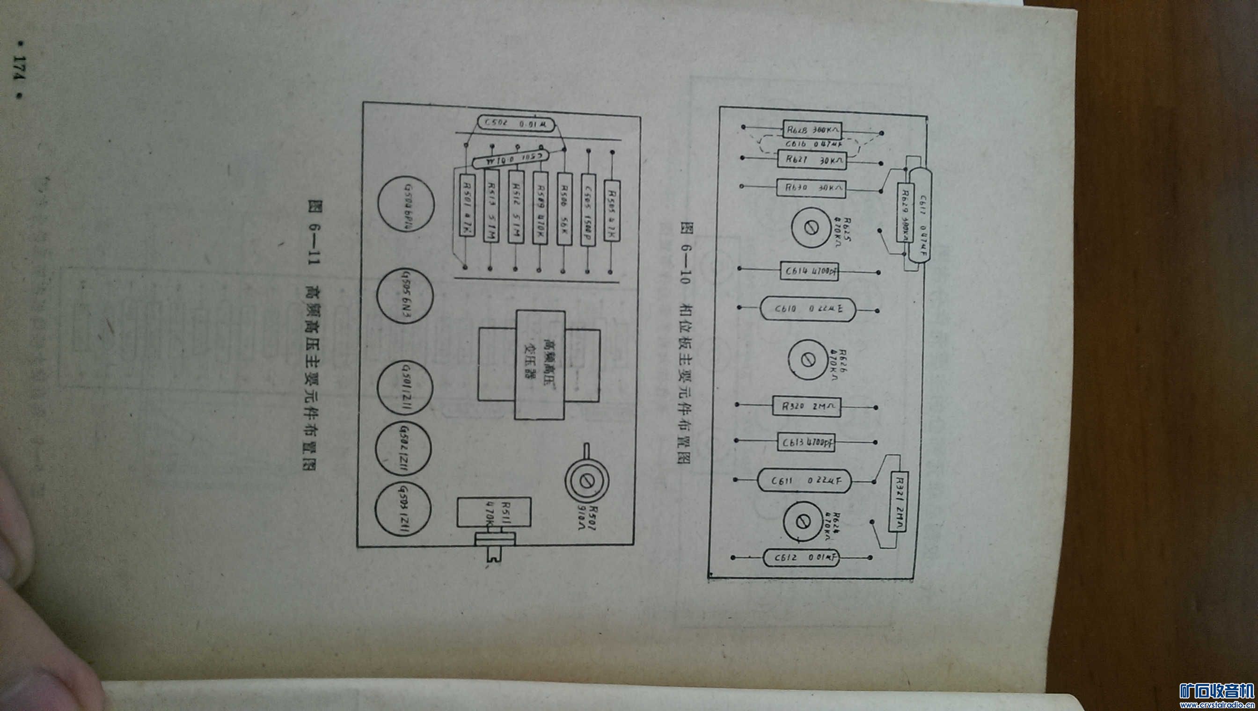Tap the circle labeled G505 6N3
(404, 296)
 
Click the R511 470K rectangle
(493, 512)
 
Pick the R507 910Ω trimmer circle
(586, 481)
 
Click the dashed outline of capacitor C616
(808, 145)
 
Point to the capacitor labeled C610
(808, 309)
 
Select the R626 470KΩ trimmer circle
(809, 360)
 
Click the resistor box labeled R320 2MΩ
(806, 406)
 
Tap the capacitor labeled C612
(801, 558)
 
